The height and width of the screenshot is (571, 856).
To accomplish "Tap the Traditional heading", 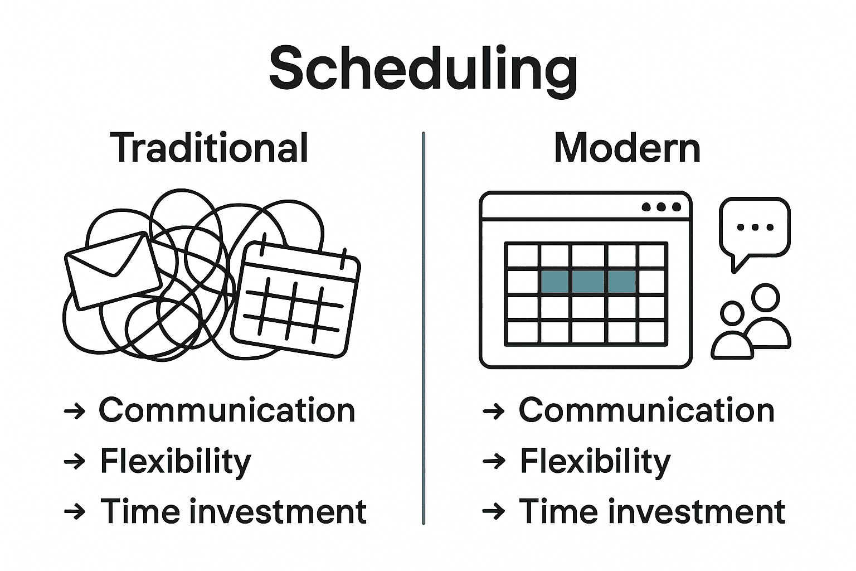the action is tap(209, 147).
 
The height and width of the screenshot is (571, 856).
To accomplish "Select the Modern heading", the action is tap(627, 148).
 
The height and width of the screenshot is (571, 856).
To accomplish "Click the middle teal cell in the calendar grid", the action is tap(588, 282).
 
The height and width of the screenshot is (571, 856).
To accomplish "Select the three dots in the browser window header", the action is tap(661, 207).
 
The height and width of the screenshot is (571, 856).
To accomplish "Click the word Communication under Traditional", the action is tap(227, 410).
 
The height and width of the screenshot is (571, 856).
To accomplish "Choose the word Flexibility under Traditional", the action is tap(176, 462).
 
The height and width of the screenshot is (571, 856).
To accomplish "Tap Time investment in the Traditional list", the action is tap(233, 511).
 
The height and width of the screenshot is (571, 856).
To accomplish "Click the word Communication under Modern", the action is tap(646, 410).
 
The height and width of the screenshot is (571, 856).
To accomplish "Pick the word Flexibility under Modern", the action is tap(595, 462).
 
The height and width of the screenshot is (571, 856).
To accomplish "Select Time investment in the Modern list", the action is tap(652, 511).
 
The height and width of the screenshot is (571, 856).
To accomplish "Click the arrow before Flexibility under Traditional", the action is tap(75, 461).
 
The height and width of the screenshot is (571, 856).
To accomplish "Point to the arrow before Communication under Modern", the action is tap(494, 412).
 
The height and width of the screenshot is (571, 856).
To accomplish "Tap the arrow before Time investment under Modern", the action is tap(494, 511).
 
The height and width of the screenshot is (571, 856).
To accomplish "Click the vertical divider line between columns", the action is tap(424, 328).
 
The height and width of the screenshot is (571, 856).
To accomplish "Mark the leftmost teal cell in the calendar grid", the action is tap(555, 282).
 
